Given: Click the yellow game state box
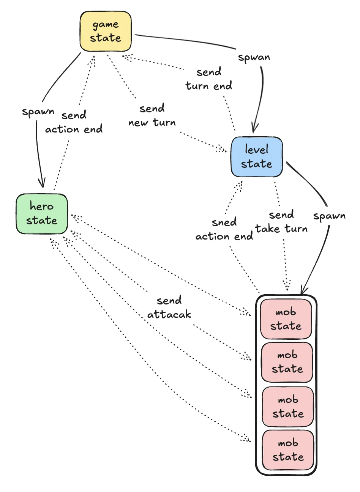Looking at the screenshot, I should pos(106,32).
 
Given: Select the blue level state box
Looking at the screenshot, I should pos(257,157).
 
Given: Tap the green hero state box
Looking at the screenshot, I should pos(42,214).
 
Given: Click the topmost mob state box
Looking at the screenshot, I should pos(286,319).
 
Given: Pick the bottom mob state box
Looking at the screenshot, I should pos(288,450).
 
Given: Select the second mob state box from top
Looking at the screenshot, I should pos(287,362).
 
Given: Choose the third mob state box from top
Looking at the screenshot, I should pos(288,407).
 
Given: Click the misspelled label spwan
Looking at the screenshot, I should pos(254,57).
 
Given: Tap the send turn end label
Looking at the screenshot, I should pos(208,79).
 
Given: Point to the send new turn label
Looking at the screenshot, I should pos(152,116).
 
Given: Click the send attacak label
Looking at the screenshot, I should pos(169,307).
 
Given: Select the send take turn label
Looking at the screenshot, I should pos(281,222).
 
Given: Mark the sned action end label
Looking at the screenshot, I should pos(224,229).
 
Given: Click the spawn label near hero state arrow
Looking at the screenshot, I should pos(38,112).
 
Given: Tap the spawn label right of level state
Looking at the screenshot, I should pos(329,216).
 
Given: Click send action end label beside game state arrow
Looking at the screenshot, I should pos(74,122).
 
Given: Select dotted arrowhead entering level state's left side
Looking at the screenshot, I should pos(223,149).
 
